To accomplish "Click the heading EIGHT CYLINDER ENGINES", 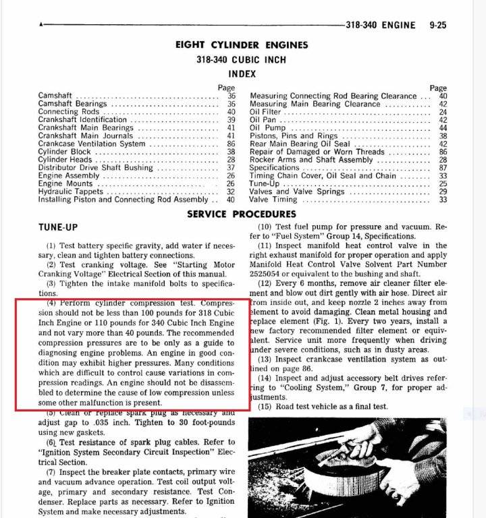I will click(x=242, y=45).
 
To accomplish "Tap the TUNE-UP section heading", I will click(x=58, y=227).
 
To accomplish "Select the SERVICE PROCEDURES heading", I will click(x=241, y=214).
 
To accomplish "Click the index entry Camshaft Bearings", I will click(x=72, y=104).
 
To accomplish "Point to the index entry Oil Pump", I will click(x=268, y=127).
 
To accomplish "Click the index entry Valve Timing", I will click(x=273, y=200).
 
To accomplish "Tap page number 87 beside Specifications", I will click(x=443, y=168).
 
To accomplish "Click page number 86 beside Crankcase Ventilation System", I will click(x=231, y=144).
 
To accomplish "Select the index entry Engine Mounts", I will click(x=66, y=183).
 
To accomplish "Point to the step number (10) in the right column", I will click(x=265, y=227).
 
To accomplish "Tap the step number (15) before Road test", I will click(x=265, y=407).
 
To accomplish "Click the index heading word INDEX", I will click(x=242, y=74).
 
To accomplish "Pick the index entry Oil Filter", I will click(x=268, y=112).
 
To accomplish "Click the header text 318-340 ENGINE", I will click(x=381, y=26).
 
